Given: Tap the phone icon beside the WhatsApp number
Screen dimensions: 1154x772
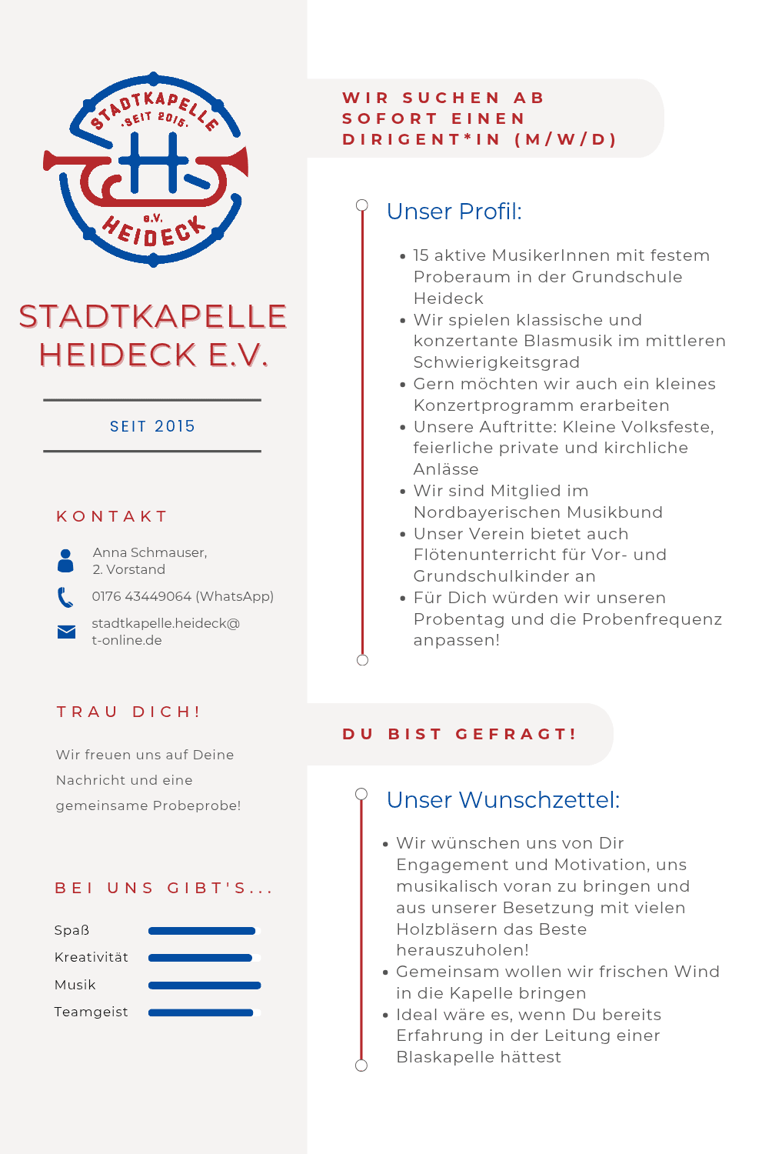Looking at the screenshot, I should point(65,597).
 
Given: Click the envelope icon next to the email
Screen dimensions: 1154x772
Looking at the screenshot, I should point(66,632).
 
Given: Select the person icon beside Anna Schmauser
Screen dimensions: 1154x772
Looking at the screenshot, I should point(66,561).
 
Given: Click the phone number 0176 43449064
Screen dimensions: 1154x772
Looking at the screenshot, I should point(141,596).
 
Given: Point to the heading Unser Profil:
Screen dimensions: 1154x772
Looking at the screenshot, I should point(454,212).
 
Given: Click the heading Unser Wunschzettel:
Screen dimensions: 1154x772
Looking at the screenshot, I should point(503,800).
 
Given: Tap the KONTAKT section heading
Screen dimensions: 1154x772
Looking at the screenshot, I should point(112,516).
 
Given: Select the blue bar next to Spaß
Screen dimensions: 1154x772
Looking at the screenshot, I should point(201,931).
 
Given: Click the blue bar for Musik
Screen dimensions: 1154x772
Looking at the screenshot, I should point(205,986).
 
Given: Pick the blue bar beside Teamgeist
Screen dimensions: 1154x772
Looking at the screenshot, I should point(201,1012).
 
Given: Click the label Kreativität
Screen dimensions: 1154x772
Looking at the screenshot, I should point(92,957).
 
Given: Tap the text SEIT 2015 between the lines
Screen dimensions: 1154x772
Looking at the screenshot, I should point(152,426).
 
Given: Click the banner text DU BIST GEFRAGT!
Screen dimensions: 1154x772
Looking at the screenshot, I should point(460,734).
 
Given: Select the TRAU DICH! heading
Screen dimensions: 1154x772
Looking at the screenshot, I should point(128,712).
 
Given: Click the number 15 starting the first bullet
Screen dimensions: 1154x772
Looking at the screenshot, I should point(422,255).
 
